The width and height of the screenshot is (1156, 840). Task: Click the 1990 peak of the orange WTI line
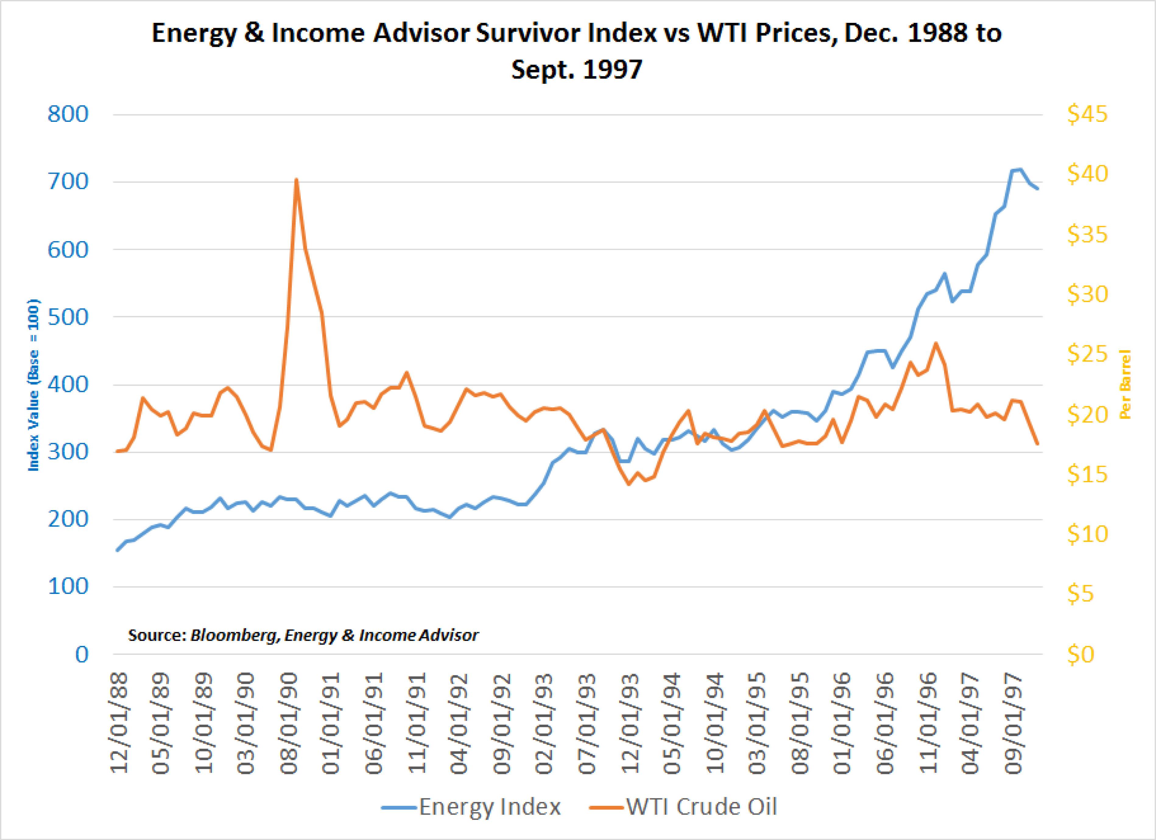[296, 180]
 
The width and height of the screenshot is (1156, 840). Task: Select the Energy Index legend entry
[471, 807]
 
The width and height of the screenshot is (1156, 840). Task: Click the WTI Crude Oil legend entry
[683, 807]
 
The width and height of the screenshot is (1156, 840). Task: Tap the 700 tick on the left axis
[68, 182]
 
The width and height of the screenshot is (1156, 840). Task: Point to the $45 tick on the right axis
[1087, 114]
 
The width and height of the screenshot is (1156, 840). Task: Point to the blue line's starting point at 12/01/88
[117, 550]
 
